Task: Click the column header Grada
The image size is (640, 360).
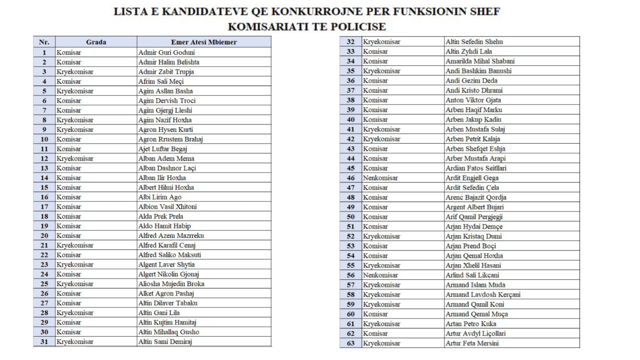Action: click(x=96, y=42)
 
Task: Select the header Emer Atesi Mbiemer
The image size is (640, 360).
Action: click(x=204, y=42)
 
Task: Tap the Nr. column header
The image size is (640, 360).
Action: click(x=44, y=42)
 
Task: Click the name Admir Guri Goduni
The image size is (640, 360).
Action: click(x=166, y=52)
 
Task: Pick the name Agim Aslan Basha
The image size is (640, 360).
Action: click(x=165, y=91)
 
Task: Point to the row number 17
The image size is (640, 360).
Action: click(x=44, y=207)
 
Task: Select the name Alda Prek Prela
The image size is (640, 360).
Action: click(x=160, y=216)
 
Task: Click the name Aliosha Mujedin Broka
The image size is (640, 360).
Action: click(x=171, y=284)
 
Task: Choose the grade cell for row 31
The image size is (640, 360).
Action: click(x=75, y=342)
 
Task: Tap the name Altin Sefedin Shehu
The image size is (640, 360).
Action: click(x=474, y=42)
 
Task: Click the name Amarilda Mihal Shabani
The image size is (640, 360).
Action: click(x=480, y=61)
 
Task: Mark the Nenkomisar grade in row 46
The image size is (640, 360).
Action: click(x=380, y=178)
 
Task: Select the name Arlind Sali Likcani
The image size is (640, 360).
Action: click(x=472, y=275)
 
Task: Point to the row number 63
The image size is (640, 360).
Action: click(x=350, y=343)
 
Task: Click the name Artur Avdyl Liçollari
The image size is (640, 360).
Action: click(x=475, y=334)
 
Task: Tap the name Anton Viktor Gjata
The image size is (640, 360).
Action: click(x=473, y=100)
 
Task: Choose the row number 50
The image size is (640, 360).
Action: click(x=350, y=217)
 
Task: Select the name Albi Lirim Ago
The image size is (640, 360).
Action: click(x=160, y=197)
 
